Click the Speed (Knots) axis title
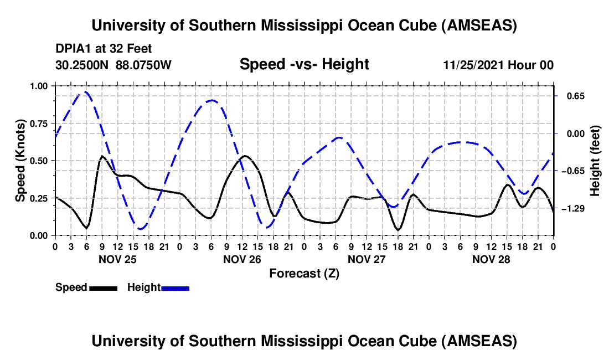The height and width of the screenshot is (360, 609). tap(20, 161)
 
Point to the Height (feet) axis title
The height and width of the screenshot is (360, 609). tap(596, 161)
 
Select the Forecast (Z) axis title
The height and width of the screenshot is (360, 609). tap(304, 273)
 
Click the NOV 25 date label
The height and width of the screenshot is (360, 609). tap(117, 259)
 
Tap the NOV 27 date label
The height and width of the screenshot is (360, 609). tap(367, 259)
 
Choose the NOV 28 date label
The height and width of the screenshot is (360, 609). tap(491, 259)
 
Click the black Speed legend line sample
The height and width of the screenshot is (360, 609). tap(103, 288)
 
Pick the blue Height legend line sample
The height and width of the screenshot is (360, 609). tap(175, 288)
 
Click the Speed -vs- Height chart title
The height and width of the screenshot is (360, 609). tap(304, 64)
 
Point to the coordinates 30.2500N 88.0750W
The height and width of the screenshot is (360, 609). tap(113, 65)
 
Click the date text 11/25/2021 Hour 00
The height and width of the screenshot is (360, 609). tap(498, 65)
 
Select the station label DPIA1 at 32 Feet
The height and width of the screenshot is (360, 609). tap(104, 49)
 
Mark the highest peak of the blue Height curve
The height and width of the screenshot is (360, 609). tap(85, 92)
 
